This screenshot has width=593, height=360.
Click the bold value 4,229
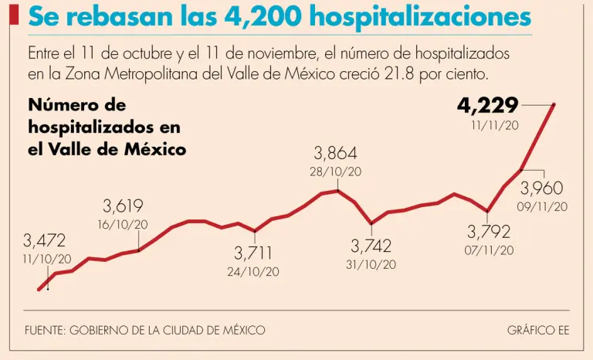[487, 104]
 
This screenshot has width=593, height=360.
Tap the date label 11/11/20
[494, 124]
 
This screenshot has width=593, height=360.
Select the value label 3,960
[542, 188]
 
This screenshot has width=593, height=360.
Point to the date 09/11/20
[544, 206]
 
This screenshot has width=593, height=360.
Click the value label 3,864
[336, 153]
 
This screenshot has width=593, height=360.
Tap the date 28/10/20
[336, 172]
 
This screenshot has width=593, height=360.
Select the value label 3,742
[371, 246]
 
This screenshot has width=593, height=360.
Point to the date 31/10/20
[371, 264]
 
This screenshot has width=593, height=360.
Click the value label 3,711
[253, 253]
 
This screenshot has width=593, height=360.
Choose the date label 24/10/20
[253, 271]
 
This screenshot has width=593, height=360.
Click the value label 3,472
[45, 240]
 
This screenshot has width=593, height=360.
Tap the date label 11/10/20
[46, 259]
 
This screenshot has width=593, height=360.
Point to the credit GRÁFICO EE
[538, 330]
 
